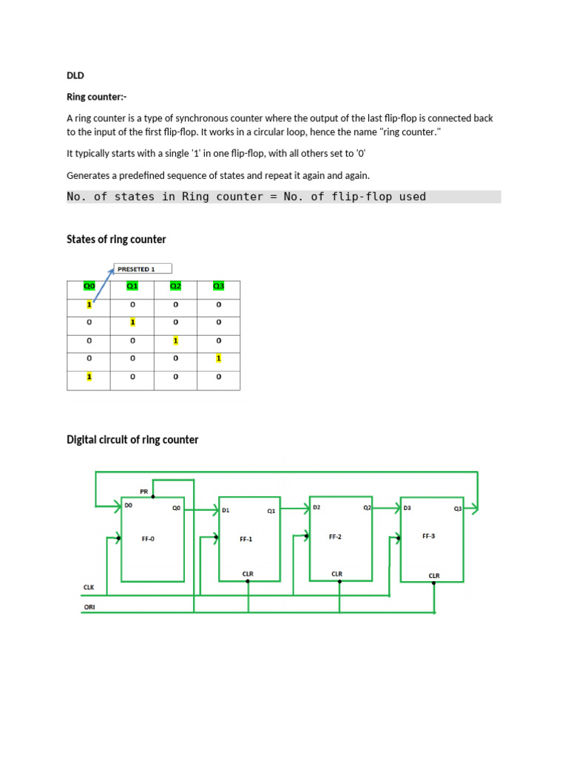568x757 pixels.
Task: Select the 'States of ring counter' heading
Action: pyautogui.click(x=116, y=239)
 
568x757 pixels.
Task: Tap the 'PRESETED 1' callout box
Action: pyautogui.click(x=143, y=269)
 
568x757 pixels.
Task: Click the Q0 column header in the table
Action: pyautogui.click(x=89, y=286)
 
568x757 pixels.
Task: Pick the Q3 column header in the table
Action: pyautogui.click(x=218, y=286)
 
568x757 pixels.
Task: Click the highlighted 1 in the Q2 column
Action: pyautogui.click(x=175, y=341)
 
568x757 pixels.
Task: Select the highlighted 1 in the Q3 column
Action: pyautogui.click(x=218, y=359)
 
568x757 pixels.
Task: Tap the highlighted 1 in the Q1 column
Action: pyautogui.click(x=132, y=322)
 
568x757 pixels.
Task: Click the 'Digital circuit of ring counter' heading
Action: pyautogui.click(x=132, y=439)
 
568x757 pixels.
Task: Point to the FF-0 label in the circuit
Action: pyautogui.click(x=148, y=539)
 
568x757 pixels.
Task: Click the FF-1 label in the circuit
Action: pyautogui.click(x=246, y=540)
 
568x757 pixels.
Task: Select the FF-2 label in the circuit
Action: pyautogui.click(x=335, y=537)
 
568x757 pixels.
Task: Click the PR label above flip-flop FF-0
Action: pyautogui.click(x=144, y=491)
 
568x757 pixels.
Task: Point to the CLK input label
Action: pyautogui.click(x=89, y=587)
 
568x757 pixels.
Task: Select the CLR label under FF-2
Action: pyautogui.click(x=337, y=574)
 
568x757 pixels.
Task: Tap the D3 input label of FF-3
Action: pyautogui.click(x=408, y=508)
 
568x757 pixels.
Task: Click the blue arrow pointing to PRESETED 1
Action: pyautogui.click(x=104, y=285)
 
